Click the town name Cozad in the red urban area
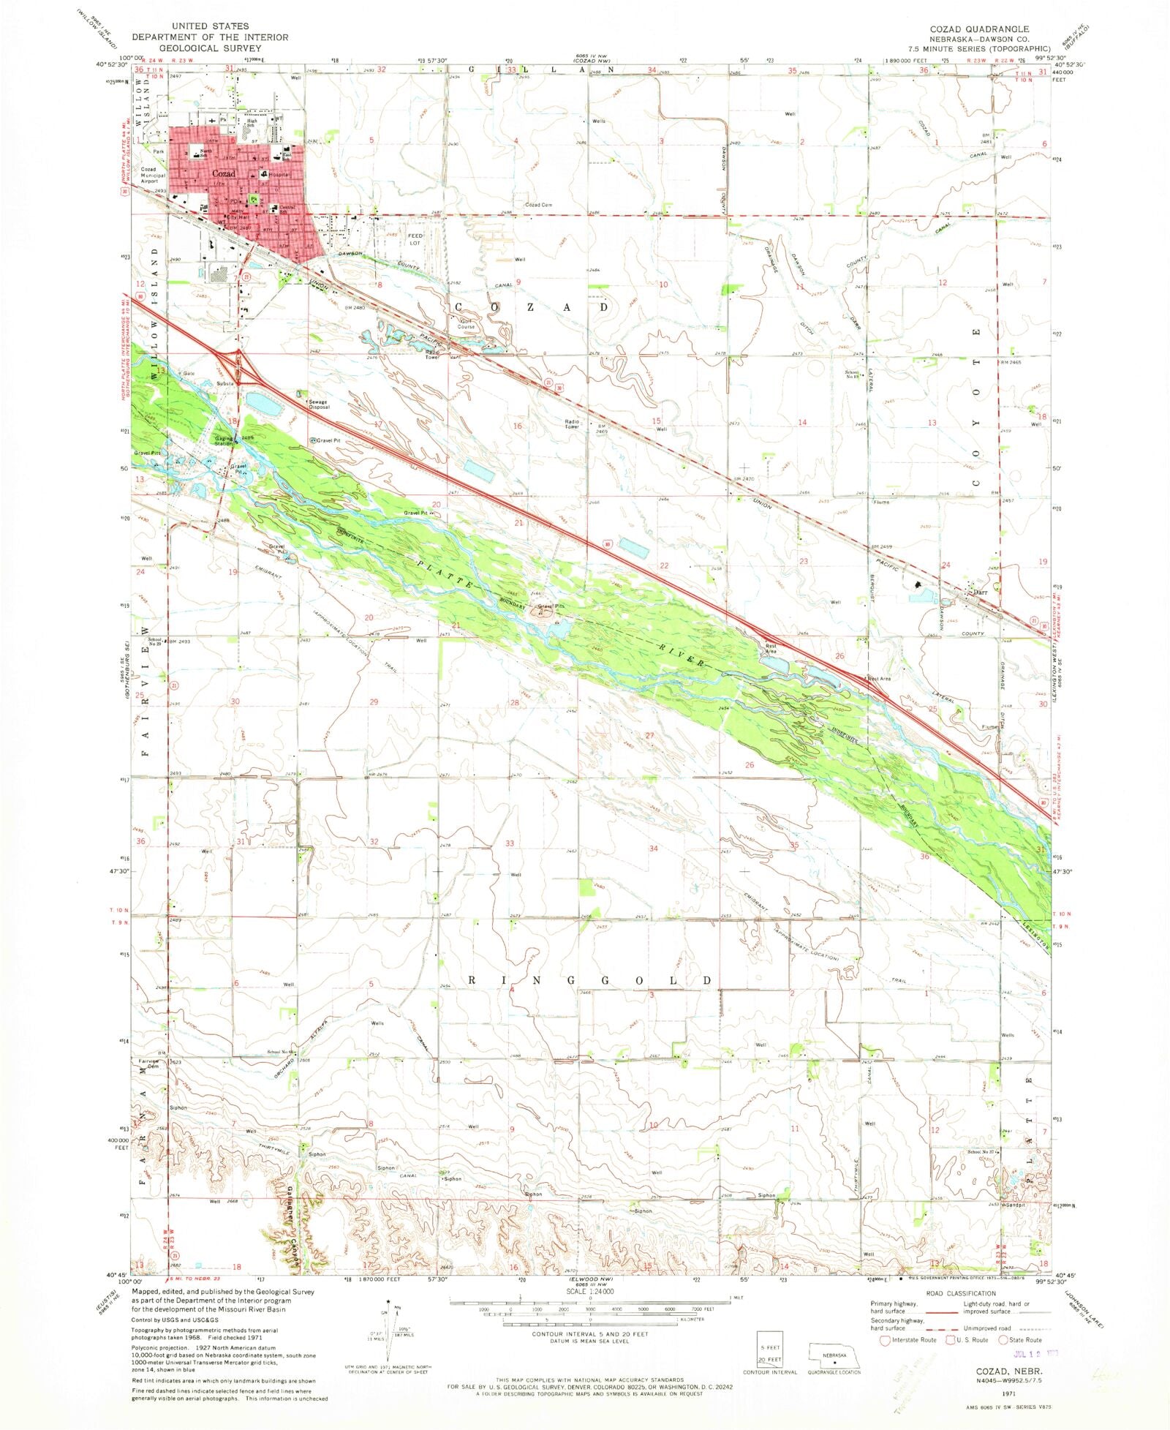[224, 173]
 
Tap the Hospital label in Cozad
[279, 176]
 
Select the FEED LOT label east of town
[415, 239]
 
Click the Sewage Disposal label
[318, 404]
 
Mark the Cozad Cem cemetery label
[538, 206]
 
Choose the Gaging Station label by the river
[224, 441]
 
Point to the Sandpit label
[1016, 1204]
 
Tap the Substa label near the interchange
[224, 383]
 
